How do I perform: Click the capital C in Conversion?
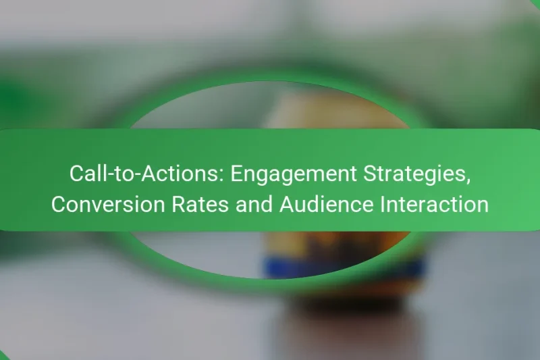[x=59, y=203]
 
